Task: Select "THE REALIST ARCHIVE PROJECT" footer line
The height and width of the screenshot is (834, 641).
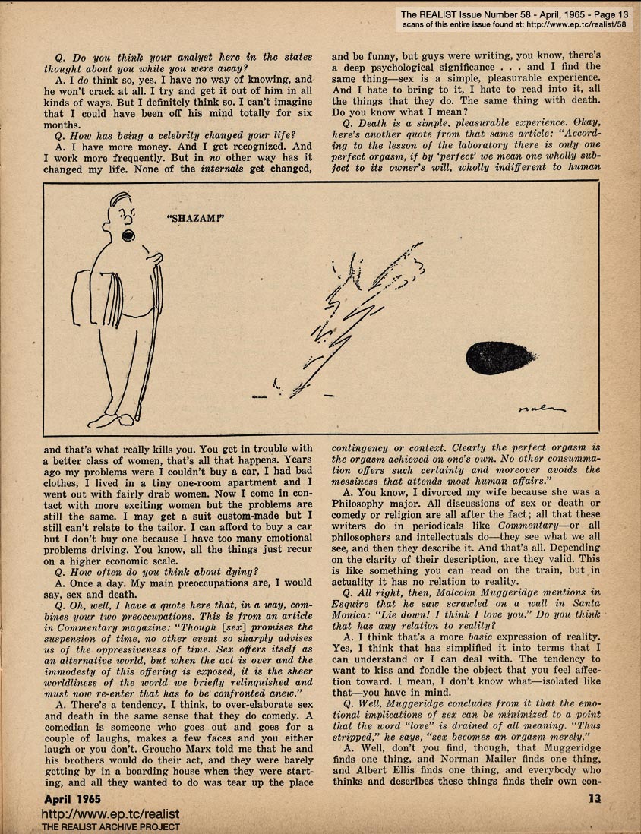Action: coord(110,826)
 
